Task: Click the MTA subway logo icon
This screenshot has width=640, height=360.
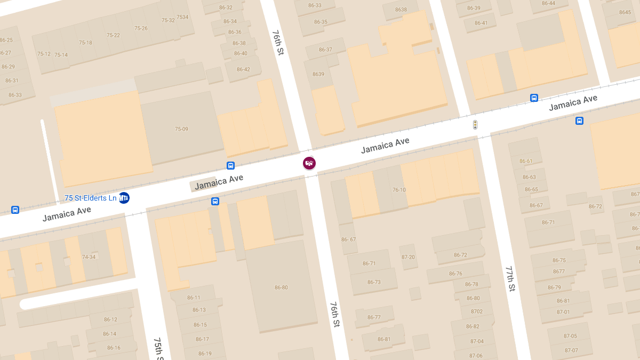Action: pos(124,198)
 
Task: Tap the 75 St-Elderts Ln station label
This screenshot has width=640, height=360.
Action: pos(90,198)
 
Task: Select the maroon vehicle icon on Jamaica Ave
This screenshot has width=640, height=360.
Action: pos(309,163)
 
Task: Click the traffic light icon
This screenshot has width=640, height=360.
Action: pos(475,125)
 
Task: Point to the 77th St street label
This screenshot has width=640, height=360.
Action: pos(510,278)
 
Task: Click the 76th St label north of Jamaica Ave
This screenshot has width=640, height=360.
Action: pos(278,43)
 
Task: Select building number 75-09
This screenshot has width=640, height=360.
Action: pos(181,129)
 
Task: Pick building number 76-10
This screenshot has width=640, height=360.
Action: pos(399,190)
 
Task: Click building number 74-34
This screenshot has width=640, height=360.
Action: pos(89,257)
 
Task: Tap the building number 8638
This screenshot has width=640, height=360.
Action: pos(401,10)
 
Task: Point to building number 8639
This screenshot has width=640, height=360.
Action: pos(318,74)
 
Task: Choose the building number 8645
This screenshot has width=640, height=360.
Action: pos(625,12)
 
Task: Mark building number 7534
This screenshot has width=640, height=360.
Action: pos(182,17)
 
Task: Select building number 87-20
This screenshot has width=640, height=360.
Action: pos(408,257)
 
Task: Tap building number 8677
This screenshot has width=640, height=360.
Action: pos(558,271)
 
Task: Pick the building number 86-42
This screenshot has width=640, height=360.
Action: pos(243,69)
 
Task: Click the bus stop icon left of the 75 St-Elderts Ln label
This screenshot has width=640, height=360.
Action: pos(15,210)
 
